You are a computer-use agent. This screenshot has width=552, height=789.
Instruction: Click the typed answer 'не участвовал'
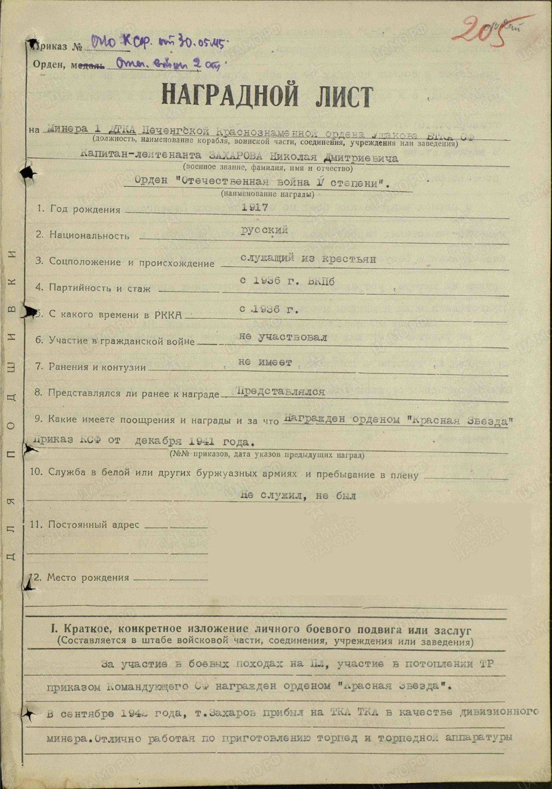283,337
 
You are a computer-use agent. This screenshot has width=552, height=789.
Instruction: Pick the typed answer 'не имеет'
266,362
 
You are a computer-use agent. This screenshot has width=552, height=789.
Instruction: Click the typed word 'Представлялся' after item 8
280,391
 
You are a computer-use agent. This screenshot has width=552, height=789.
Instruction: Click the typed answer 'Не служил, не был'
298,495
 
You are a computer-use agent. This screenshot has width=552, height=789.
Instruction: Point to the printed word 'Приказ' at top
51,46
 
